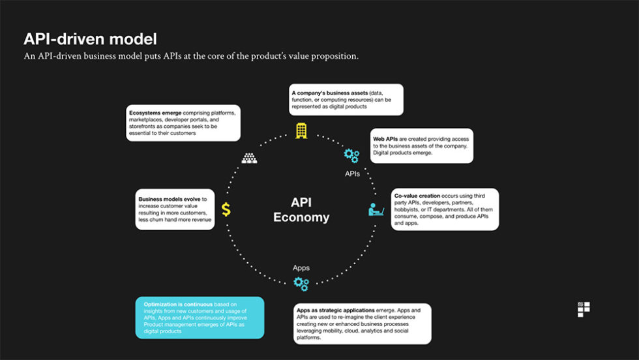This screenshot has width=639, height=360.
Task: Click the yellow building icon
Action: click(301, 130)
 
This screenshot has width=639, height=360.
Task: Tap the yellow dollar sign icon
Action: click(226, 209)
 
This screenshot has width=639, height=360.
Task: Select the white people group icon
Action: click(250, 158)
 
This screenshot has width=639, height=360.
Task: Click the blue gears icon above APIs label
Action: click(351, 155)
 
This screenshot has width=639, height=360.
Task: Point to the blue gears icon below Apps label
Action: click(301, 283)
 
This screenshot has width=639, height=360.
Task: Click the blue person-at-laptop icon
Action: click(376, 209)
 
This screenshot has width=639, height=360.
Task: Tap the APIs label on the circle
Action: click(352, 174)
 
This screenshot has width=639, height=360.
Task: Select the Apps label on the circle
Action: click(301, 267)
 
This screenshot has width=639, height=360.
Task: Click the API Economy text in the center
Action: click(301, 210)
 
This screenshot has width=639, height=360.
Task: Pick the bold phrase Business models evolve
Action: click(168, 198)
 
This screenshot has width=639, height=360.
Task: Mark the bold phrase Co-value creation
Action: click(417, 195)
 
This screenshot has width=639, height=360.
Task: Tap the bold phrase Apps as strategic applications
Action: click(335, 310)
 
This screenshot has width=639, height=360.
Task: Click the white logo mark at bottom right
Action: click(584, 309)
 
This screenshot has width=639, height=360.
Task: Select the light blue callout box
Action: click(200, 318)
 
